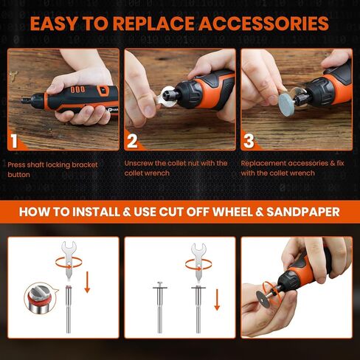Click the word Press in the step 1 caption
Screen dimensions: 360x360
[17, 163]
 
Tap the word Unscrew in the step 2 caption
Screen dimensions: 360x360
[140, 163]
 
